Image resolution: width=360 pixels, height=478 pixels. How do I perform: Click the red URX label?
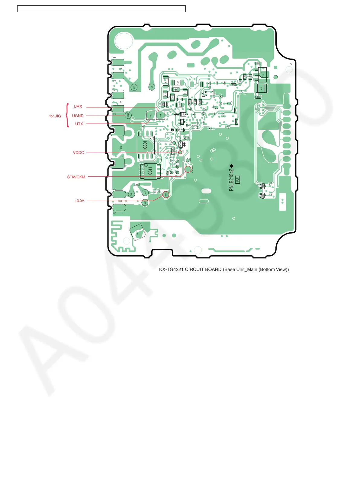78,107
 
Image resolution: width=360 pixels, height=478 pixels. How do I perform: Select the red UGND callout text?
78,116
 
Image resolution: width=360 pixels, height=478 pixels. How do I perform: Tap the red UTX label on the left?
79,124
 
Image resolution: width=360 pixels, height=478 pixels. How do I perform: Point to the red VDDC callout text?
78,153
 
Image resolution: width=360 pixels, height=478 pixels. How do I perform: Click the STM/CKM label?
76,177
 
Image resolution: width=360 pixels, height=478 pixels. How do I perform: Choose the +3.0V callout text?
79,201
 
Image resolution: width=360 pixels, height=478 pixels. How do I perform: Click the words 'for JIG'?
55,116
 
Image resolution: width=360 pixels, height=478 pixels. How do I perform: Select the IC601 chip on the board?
146,145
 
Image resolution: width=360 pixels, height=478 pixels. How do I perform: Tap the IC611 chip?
150,171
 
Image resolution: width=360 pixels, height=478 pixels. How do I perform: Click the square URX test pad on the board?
150,115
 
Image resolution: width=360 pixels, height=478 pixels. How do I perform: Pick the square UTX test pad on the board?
160,115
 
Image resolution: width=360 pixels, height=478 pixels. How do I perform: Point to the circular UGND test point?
128,115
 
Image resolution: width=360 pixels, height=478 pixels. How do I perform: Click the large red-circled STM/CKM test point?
188,169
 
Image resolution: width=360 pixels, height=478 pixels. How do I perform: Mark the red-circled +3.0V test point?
166,195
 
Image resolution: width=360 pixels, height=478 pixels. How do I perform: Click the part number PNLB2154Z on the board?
231,179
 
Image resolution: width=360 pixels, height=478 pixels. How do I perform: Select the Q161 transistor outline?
262,75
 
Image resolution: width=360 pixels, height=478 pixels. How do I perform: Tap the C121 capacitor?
178,83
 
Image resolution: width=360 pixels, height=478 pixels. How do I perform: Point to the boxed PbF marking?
237,180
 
